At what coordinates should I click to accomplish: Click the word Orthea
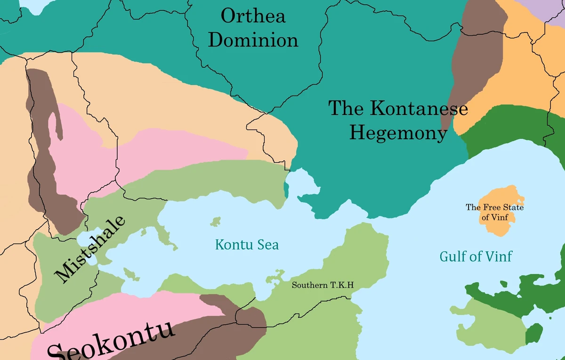[x=253, y=16]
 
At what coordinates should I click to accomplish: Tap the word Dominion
[x=253, y=40]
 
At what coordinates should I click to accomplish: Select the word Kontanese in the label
[x=419, y=108]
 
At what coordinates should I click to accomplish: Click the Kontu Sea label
[x=247, y=245]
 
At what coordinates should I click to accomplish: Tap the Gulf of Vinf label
[x=476, y=256]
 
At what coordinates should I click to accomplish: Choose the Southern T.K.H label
[x=323, y=285]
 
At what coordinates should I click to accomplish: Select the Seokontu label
[x=111, y=341]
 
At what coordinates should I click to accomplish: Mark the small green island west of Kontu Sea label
[x=216, y=221]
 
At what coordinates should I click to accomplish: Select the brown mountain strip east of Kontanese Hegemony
[x=478, y=52]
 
